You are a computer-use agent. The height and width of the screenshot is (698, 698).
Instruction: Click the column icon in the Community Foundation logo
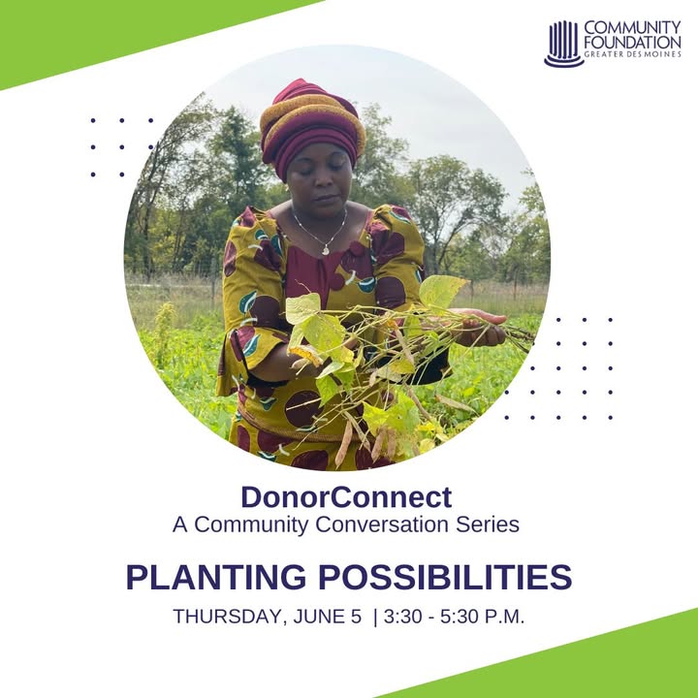tap(564, 44)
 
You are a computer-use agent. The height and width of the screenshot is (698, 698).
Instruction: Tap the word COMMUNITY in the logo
tap(632, 27)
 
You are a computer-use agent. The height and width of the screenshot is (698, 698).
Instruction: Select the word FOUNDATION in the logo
tap(632, 43)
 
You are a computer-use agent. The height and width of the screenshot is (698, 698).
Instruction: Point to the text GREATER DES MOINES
tap(632, 54)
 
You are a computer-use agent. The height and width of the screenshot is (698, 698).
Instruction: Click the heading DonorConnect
tap(346, 496)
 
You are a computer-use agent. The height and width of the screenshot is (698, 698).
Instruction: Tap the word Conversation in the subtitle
tap(382, 523)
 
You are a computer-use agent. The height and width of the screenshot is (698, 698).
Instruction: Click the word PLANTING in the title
tap(216, 577)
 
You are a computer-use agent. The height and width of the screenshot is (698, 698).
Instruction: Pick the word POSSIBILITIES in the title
tap(445, 577)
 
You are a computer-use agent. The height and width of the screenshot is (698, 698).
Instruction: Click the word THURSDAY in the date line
tap(229, 617)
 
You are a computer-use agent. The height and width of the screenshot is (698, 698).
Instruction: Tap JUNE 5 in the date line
tap(328, 617)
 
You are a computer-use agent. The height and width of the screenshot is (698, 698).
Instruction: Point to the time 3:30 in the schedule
tap(403, 617)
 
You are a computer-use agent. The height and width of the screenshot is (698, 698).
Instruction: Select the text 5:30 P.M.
tap(483, 617)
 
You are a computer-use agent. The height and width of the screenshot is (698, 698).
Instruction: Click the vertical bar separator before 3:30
tap(375, 618)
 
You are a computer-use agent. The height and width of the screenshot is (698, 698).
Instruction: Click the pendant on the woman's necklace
tap(327, 250)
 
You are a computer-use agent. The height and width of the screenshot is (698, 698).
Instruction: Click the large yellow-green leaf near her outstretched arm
tap(442, 293)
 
